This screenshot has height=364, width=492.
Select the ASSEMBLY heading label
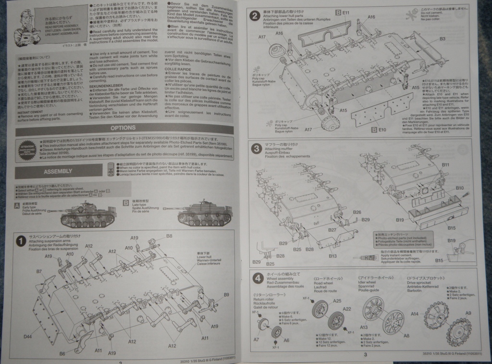pos(58,171)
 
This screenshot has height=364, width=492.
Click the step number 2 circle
pos(256,16)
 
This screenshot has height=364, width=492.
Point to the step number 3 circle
pos(256,149)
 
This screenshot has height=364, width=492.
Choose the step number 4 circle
pos(256,277)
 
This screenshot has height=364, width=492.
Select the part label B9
pos(226,295)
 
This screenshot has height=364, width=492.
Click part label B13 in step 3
pos(333,256)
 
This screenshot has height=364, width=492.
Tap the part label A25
pos(337,301)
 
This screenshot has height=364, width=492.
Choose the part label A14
pos(414,314)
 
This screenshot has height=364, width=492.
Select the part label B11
pos(445,165)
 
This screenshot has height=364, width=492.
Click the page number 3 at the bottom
pos(365,355)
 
